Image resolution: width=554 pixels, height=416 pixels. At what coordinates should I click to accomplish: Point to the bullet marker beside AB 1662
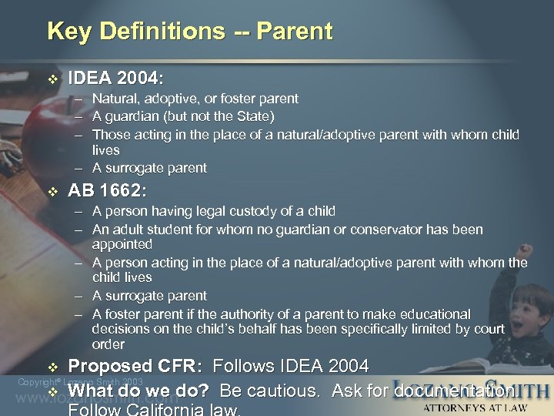click(52, 190)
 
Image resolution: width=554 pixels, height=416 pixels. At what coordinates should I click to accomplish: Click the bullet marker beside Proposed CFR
click(52, 366)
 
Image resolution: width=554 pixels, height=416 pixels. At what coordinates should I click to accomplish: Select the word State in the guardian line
click(254, 116)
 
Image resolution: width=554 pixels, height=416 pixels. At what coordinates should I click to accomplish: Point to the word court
click(489, 329)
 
